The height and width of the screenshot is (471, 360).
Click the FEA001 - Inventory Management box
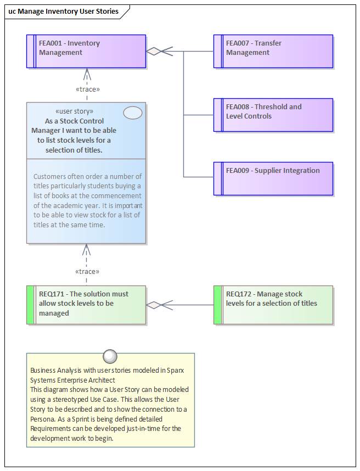[86, 52]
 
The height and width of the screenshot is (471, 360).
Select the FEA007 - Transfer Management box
[273, 52]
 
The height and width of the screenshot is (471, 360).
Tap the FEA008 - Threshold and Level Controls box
[273, 115]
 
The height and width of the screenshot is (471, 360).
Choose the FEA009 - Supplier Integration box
[273, 179]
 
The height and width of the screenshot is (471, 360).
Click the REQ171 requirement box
[86, 305]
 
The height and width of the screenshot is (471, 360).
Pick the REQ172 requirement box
[273, 305]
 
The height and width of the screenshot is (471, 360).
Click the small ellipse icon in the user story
[133, 113]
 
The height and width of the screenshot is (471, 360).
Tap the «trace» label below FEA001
[87, 89]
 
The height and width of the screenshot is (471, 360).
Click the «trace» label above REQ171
[87, 271]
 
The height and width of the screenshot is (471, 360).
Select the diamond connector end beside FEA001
[154, 52]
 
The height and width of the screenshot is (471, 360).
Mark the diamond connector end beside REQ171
[154, 305]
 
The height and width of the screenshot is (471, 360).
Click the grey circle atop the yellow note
[110, 356]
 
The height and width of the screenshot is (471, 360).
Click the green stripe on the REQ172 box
[217, 305]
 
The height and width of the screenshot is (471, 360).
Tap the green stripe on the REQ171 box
[30, 305]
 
